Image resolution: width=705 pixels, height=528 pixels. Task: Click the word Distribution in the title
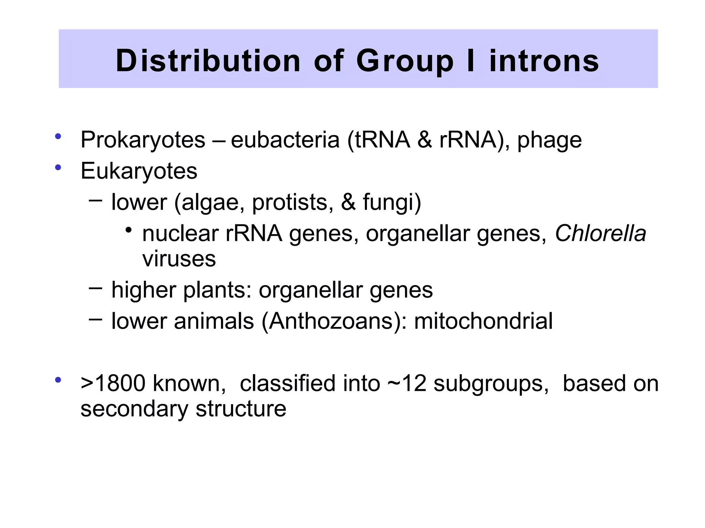[208, 61]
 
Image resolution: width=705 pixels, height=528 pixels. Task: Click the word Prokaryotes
[143, 140]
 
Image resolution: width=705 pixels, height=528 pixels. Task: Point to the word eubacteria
[285, 140]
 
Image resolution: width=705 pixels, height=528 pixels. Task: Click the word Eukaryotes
[139, 171]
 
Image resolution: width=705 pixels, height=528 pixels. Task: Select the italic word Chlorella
[600, 234]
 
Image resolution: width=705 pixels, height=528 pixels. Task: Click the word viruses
[179, 259]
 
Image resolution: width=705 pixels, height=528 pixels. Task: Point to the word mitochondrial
[483, 321]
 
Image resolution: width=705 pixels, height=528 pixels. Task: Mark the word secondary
[134, 409]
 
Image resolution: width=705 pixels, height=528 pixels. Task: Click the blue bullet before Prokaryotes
[58, 136]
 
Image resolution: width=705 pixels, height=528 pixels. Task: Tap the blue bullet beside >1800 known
[58, 380]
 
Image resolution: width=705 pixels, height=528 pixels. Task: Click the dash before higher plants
[95, 287]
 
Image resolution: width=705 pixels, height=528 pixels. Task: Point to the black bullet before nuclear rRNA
[128, 230]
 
